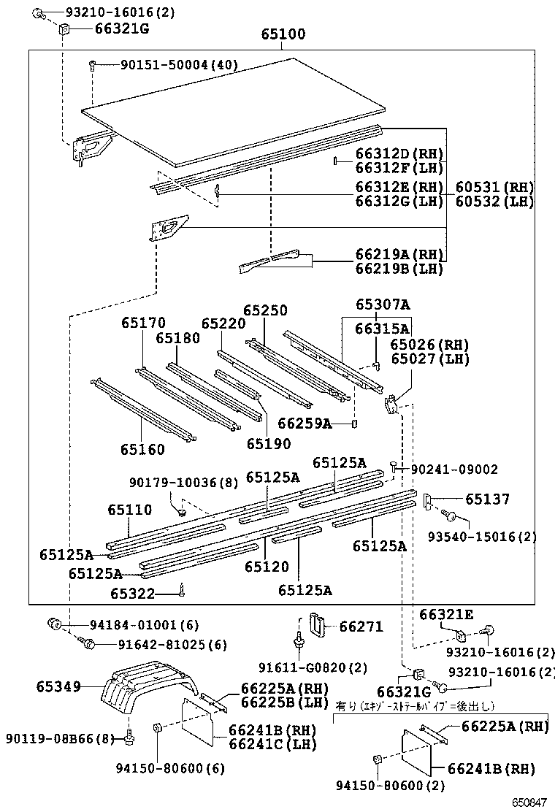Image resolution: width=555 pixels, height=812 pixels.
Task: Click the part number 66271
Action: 361,627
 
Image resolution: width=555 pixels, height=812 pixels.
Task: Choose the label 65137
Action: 488,499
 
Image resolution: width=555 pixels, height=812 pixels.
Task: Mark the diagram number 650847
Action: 528,802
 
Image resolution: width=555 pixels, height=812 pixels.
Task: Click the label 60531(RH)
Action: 495,187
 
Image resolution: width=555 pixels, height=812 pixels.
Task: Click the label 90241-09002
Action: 453,470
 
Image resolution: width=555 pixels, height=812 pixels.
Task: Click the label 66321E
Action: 446,615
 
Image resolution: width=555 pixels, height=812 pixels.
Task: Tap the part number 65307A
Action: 383,304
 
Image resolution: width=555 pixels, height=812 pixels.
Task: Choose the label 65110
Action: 130,510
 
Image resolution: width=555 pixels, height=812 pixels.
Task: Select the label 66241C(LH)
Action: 272,744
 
